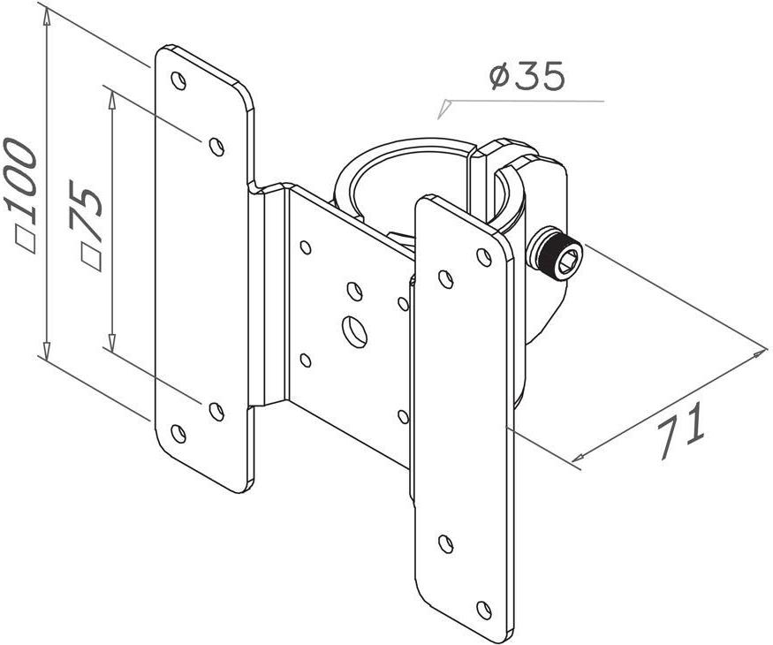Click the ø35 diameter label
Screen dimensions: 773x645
tap(526, 77)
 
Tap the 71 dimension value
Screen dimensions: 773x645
tap(681, 430)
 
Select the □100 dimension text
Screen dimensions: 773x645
tap(20, 196)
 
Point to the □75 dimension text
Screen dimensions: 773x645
tap(87, 224)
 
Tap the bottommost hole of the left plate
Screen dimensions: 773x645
tap(178, 433)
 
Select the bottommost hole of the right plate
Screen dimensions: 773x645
tap(484, 610)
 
